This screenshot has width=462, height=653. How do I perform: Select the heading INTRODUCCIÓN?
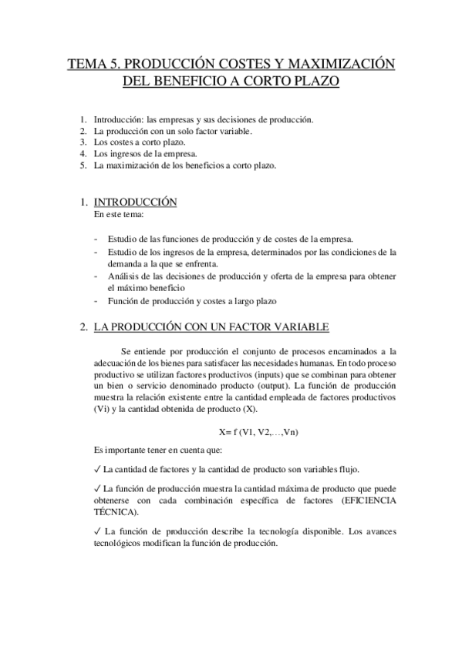136,202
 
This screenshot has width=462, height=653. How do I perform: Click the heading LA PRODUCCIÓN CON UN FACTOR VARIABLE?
211,327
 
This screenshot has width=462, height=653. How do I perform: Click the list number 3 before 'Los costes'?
83,142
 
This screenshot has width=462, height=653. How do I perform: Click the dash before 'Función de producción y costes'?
95,301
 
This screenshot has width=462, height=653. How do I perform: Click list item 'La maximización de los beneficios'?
184,165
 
